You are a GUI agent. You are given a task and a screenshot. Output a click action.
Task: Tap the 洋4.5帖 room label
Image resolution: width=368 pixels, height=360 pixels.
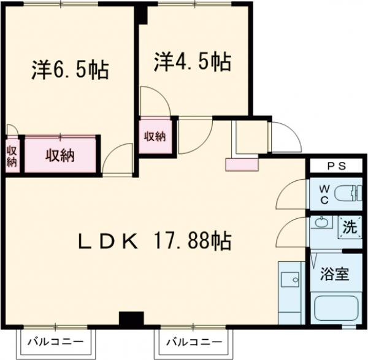point(192,62)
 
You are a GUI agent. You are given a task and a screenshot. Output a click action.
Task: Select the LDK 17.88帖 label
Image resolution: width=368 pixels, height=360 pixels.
point(153,240)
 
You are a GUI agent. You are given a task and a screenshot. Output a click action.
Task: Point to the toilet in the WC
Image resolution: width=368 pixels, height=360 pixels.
point(350,194)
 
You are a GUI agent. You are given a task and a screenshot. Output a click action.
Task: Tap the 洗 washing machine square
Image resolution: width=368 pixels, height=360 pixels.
point(350,227)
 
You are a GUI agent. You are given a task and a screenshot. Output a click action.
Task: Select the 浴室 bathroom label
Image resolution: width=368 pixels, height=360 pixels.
point(335,274)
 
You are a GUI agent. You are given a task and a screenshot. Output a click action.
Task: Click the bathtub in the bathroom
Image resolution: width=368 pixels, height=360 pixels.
point(336,308)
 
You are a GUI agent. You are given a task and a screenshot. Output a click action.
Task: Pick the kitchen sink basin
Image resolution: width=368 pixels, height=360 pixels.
point(289,280)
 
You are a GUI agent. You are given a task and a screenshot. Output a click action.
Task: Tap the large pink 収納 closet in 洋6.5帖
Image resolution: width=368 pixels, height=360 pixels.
point(59,156)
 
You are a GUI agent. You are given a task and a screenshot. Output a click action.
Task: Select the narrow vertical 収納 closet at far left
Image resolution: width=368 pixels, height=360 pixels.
point(12,156)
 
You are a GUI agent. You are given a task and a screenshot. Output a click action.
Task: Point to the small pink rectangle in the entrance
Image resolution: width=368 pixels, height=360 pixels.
point(242,164)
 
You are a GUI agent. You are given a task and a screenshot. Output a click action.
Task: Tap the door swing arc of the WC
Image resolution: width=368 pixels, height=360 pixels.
point(289,190)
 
